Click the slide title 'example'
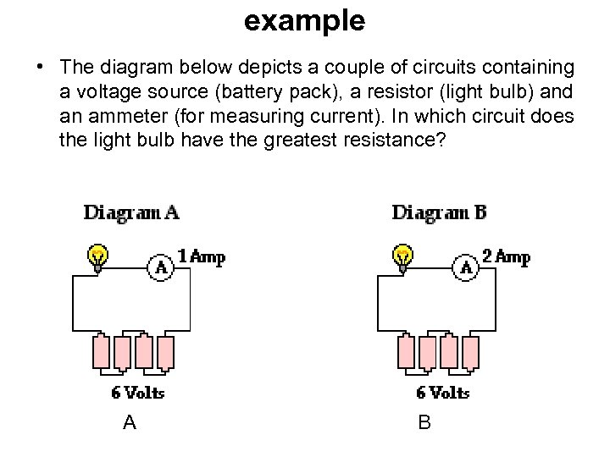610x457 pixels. (304, 20)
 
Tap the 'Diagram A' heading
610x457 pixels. (131, 212)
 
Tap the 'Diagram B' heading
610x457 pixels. (439, 212)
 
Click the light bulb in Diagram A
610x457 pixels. (99, 256)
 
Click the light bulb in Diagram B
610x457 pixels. (404, 256)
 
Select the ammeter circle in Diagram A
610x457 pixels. (161, 267)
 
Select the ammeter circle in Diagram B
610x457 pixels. (466, 267)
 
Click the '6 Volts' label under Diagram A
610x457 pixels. (138, 393)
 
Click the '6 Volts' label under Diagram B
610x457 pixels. (443, 393)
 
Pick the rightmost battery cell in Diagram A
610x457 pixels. (165, 352)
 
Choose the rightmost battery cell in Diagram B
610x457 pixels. (470, 352)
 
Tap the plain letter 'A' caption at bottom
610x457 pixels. (129, 422)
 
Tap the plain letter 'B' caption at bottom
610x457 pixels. (424, 422)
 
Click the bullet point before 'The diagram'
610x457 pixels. (40, 67)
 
